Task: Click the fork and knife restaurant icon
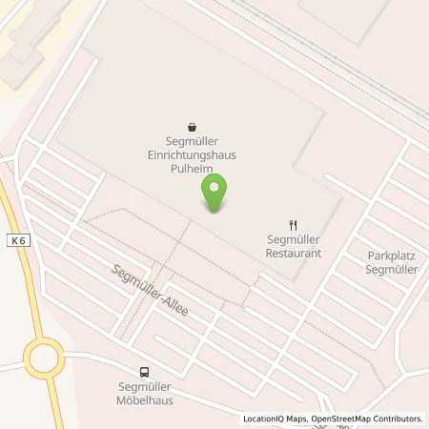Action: tap(294, 224)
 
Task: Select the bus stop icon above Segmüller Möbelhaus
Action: tap(144, 373)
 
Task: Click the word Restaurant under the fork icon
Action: tap(294, 253)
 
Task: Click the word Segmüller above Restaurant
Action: tap(294, 240)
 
